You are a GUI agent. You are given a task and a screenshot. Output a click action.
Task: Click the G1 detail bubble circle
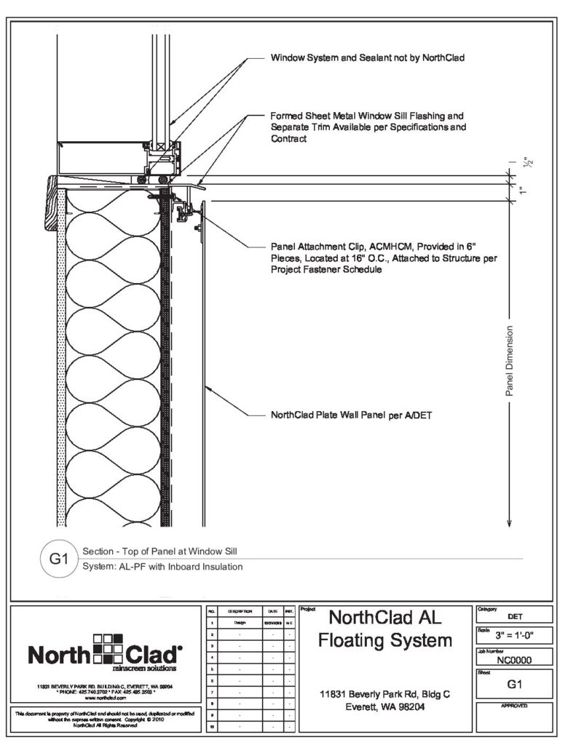pyautogui.click(x=58, y=559)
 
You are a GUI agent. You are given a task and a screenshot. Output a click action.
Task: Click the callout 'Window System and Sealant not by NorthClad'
pyautogui.click(x=367, y=57)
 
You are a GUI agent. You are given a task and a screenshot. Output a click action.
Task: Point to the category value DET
pyautogui.click(x=514, y=617)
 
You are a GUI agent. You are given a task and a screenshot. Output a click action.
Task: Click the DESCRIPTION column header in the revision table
pyautogui.click(x=239, y=612)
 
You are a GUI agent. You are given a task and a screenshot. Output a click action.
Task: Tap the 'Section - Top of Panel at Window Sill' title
pyautogui.click(x=161, y=551)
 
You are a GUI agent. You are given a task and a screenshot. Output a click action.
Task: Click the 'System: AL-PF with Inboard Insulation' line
pyautogui.click(x=163, y=566)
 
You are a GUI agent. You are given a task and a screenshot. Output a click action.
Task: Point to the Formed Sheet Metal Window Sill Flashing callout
pyautogui.click(x=367, y=127)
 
